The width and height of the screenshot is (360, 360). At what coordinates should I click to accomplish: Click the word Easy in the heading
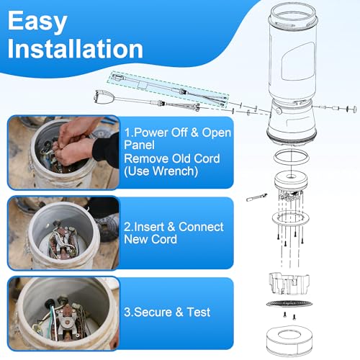click(x=37, y=22)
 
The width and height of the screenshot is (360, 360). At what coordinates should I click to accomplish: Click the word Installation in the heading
click(x=76, y=49)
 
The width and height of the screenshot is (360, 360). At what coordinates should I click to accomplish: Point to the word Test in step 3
click(x=199, y=312)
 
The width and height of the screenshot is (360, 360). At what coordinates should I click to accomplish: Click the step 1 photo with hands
click(x=64, y=153)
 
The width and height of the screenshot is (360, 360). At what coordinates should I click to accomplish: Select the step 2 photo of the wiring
click(x=64, y=233)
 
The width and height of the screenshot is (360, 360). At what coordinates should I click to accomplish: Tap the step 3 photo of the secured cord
click(x=64, y=313)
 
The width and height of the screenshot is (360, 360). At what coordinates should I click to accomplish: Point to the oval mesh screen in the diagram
click(x=289, y=304)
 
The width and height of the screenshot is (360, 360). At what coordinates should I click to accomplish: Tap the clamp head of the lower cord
click(x=104, y=97)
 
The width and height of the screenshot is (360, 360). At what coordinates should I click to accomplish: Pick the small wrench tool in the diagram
click(x=257, y=197)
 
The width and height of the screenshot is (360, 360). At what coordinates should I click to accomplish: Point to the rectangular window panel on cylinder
click(x=298, y=62)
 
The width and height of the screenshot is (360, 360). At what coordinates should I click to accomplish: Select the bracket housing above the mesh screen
click(x=289, y=283)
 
